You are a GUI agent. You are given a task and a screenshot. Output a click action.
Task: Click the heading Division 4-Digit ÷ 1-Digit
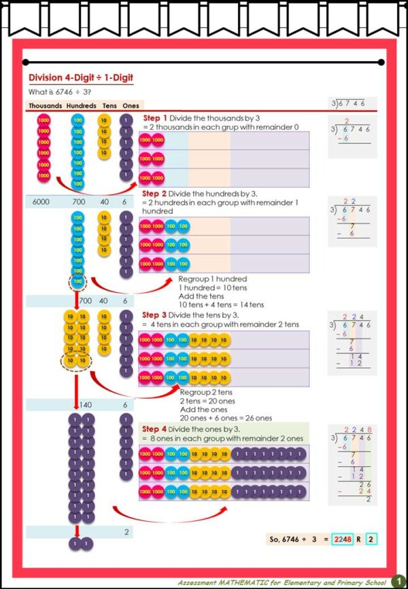(81, 78)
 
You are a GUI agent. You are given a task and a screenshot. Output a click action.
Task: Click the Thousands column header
(46, 106)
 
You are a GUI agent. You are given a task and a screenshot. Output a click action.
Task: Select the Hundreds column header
(81, 106)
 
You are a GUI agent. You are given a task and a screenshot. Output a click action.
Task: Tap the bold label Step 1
(155, 118)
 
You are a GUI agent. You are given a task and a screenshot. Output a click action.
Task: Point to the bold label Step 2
(155, 194)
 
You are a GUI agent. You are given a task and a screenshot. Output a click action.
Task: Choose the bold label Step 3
(155, 315)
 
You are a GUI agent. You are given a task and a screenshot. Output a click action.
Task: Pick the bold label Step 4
(155, 429)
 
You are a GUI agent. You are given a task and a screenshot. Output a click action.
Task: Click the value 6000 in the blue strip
(41, 202)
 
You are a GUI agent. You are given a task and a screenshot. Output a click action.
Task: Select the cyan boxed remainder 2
(371, 539)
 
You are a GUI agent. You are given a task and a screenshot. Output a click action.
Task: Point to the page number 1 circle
(397, 582)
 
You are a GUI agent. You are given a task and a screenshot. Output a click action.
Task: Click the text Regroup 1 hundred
(212, 279)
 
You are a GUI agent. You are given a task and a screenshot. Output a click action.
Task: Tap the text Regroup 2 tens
(207, 392)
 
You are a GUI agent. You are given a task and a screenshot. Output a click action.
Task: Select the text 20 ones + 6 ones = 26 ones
(226, 418)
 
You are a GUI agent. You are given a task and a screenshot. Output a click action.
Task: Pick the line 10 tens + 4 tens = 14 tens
(221, 304)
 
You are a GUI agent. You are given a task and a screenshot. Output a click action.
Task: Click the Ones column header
(131, 106)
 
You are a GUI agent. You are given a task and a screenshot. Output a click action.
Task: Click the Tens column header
(109, 106)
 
